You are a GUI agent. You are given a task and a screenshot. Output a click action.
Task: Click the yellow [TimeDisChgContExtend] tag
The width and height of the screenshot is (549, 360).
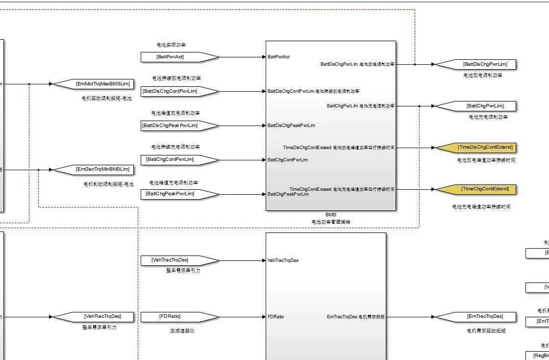pyautogui.click(x=475, y=148)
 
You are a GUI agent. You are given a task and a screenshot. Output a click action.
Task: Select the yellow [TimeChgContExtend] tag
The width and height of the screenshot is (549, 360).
pyautogui.click(x=475, y=189)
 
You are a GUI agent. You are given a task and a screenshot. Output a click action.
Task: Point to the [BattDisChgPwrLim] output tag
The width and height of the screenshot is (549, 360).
pyautogui.click(x=475, y=64)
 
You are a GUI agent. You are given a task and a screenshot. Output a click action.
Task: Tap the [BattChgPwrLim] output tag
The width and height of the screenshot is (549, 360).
pyautogui.click(x=475, y=106)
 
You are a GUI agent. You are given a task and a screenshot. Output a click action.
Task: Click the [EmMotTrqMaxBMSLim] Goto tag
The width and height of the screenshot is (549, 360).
pyautogui.click(x=93, y=84)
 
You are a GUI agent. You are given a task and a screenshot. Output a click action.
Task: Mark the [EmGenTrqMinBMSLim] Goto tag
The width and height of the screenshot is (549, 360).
pyautogui.click(x=93, y=170)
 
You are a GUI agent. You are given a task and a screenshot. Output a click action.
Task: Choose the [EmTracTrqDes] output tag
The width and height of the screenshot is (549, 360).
pyautogui.click(x=475, y=317)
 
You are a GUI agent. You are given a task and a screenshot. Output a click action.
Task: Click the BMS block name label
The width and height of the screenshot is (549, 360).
pyautogui.click(x=331, y=215)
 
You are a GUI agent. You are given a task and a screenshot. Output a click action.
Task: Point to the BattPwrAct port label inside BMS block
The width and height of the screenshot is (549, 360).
pyautogui.click(x=278, y=57)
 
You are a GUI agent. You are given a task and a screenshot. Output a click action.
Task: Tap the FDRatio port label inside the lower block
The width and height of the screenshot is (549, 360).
pyautogui.click(x=275, y=317)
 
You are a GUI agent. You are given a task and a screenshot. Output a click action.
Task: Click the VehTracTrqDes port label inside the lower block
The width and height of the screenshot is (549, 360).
pyautogui.click(x=283, y=260)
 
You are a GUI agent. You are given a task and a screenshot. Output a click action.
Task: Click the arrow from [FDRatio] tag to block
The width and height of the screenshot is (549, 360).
pyautogui.click(x=243, y=317)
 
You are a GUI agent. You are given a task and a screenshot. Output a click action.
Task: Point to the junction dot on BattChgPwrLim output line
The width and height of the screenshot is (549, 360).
pyautogui.click(x=420, y=106)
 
